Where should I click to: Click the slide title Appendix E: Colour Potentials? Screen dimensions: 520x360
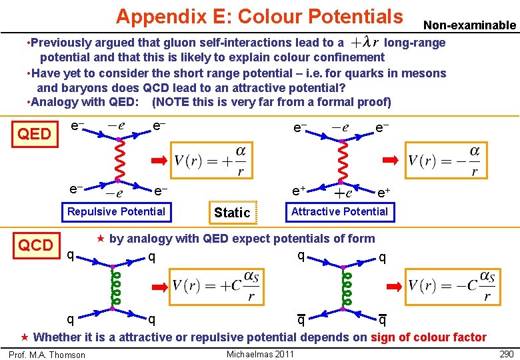pyautogui.click(x=259, y=15)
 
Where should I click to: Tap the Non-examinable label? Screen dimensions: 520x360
pyautogui.click(x=470, y=25)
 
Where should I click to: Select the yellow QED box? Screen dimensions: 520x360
pyautogui.click(x=34, y=134)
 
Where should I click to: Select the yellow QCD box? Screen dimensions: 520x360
pyautogui.click(x=35, y=245)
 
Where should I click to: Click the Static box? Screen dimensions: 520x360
pyautogui.click(x=232, y=212)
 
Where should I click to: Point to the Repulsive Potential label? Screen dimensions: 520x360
pyautogui.click(x=116, y=211)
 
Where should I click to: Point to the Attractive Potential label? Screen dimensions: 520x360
pyautogui.click(x=339, y=211)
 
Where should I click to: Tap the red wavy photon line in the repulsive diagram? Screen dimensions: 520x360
pyautogui.click(x=117, y=159)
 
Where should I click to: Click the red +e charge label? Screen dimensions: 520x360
pyautogui.click(x=343, y=194)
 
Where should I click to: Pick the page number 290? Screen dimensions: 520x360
pyautogui.click(x=507, y=353)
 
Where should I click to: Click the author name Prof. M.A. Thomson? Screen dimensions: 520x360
pyautogui.click(x=47, y=355)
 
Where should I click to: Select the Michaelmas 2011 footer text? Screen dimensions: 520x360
pyautogui.click(x=260, y=353)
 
